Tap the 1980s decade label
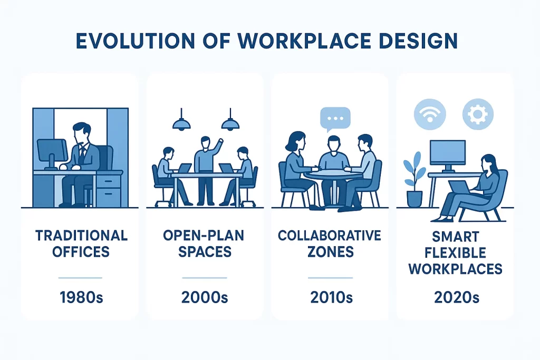(x=81, y=297)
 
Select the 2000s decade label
(x=205, y=297)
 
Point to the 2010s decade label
(x=331, y=297)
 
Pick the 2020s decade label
(x=456, y=297)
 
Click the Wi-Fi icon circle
(x=430, y=114)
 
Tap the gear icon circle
(x=478, y=114)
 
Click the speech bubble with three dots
(x=335, y=119)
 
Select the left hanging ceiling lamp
(x=181, y=120)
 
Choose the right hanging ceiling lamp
(x=230, y=120)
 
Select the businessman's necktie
(x=82, y=153)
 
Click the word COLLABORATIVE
(x=330, y=236)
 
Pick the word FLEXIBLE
(x=455, y=254)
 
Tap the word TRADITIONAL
(x=81, y=236)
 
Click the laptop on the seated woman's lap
(x=459, y=188)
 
